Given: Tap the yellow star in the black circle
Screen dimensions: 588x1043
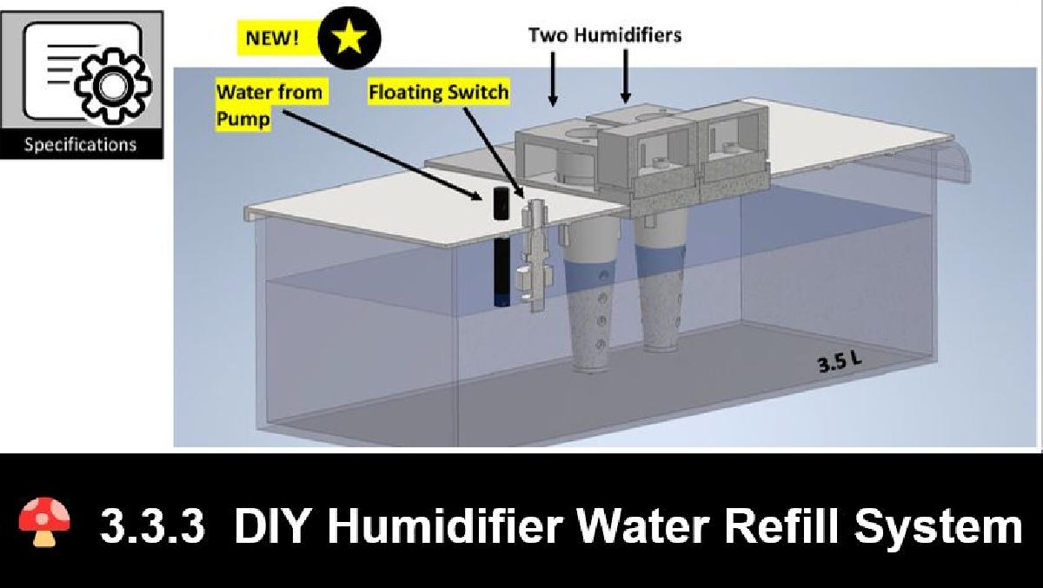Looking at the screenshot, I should (x=349, y=36).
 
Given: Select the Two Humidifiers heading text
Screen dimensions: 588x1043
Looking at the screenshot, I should (x=605, y=36).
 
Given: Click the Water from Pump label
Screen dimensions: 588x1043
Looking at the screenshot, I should (x=269, y=103).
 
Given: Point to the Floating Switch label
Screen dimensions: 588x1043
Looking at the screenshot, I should (x=438, y=91).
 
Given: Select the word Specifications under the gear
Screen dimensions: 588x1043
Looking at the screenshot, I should (x=80, y=144).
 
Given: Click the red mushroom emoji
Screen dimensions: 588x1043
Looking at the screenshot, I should (x=44, y=523).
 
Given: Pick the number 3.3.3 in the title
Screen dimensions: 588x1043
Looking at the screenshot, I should (x=153, y=525).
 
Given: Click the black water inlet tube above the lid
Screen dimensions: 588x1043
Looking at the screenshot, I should (x=501, y=203).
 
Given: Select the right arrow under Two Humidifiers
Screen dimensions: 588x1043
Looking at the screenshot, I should (x=625, y=81).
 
